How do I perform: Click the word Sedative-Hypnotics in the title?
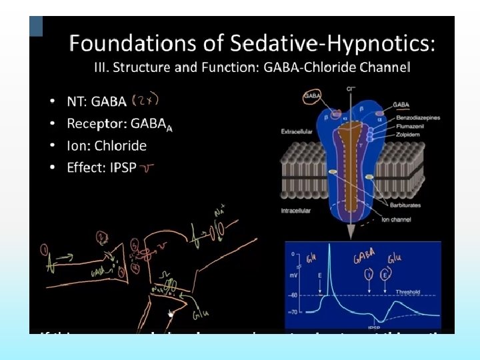pyautogui.click(x=331, y=45)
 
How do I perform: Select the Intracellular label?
pyautogui.click(x=295, y=211)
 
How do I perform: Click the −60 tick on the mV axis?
pyautogui.click(x=292, y=295)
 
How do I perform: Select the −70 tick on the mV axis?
pyautogui.click(x=292, y=312)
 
